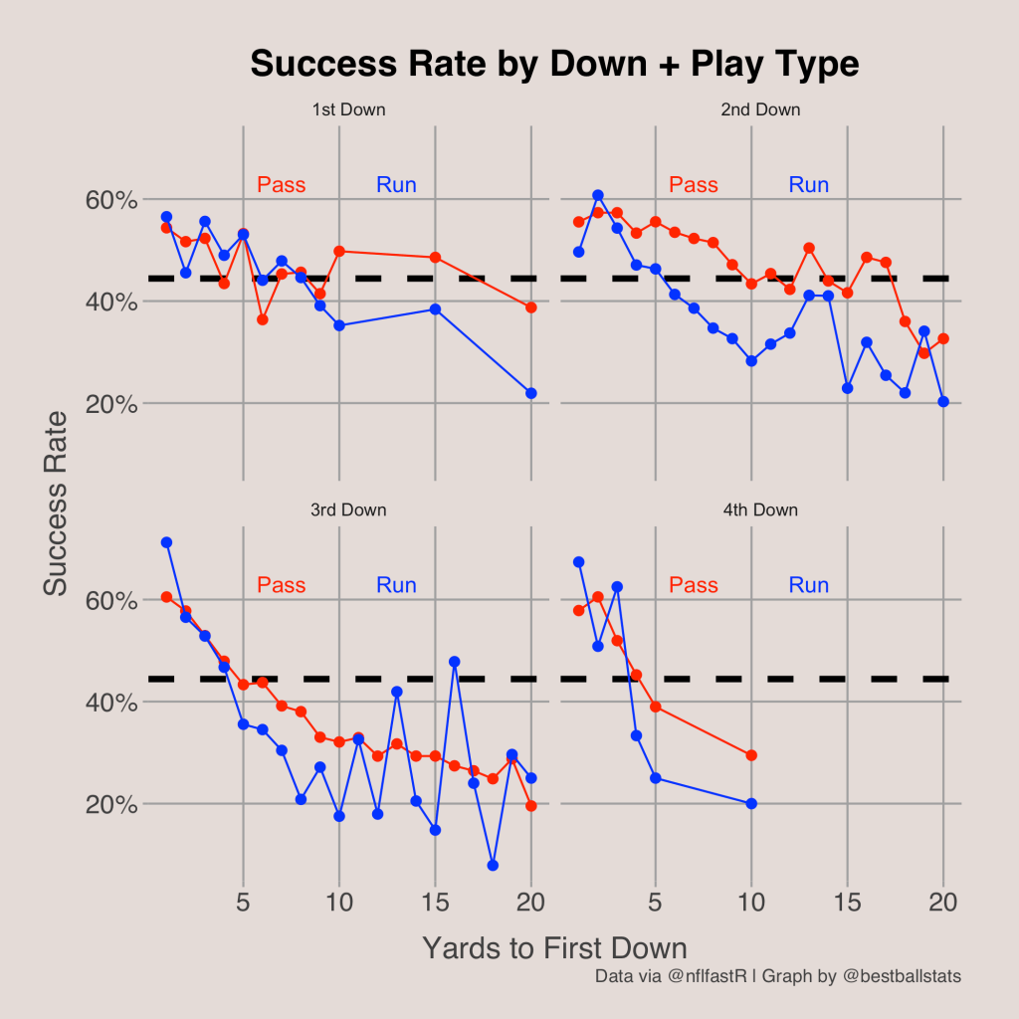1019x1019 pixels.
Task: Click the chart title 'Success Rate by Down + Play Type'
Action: click(554, 65)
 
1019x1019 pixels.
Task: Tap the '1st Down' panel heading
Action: click(348, 109)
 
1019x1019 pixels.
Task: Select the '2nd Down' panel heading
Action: click(760, 109)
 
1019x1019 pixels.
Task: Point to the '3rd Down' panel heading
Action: click(348, 510)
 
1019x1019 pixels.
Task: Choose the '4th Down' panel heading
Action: click(760, 510)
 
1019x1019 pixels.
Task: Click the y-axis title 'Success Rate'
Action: click(57, 503)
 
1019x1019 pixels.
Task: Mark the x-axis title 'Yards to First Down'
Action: click(554, 947)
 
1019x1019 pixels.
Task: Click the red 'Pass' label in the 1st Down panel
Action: click(282, 184)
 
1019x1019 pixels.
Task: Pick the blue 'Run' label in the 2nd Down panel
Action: click(808, 184)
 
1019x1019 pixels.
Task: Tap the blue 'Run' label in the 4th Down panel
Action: click(808, 585)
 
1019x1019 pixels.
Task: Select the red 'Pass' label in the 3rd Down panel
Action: click(282, 585)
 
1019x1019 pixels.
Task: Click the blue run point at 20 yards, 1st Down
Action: click(530, 393)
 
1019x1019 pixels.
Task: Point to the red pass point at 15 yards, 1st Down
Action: click(435, 258)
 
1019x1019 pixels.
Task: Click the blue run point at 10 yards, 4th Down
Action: click(751, 803)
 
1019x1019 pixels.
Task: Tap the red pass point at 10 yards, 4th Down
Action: click(751, 755)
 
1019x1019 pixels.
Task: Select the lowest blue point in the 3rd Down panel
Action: click(493, 865)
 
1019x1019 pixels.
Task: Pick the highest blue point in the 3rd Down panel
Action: click(166, 542)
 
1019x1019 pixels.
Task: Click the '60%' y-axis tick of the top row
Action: click(109, 200)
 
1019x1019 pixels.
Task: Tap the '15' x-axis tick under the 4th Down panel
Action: click(847, 903)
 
